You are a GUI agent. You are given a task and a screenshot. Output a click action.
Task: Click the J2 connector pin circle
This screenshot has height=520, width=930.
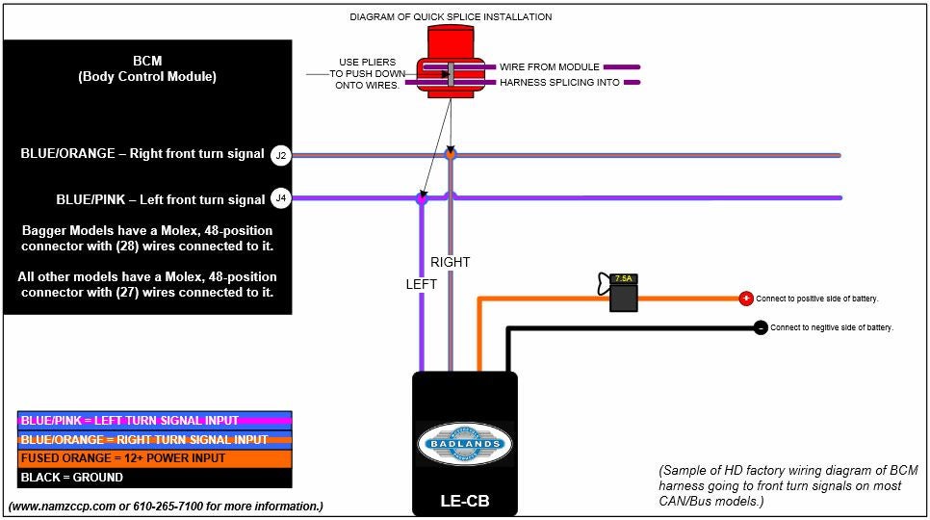(280, 154)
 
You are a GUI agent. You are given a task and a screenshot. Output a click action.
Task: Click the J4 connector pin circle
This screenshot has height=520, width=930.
(280, 198)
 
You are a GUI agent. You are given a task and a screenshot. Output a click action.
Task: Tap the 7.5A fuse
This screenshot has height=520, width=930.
(624, 293)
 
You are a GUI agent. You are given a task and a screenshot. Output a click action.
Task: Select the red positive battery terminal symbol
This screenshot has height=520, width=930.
(745, 299)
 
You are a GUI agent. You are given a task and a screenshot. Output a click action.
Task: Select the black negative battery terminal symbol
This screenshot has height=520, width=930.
(761, 327)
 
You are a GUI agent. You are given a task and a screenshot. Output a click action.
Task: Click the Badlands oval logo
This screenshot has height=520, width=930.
(465, 444)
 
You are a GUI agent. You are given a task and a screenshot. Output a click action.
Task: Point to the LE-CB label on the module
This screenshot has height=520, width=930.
(465, 502)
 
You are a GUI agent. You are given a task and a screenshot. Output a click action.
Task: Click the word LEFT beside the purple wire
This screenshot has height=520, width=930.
(421, 284)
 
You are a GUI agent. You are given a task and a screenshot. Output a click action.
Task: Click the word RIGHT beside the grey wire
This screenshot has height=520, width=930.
(451, 262)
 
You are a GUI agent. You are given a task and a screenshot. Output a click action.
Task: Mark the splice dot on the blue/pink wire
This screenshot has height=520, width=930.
(421, 198)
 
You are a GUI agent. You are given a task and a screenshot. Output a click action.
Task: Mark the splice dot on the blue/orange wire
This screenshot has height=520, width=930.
(450, 154)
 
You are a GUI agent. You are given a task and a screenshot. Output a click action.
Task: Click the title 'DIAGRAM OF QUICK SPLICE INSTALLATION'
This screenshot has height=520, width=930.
(451, 17)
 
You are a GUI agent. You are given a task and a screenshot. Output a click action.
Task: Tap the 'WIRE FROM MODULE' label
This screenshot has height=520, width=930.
(549, 67)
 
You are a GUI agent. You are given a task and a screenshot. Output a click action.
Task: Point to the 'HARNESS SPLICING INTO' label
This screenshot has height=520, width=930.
(559, 83)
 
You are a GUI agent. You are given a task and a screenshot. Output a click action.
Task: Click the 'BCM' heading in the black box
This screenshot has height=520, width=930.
(147, 60)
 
